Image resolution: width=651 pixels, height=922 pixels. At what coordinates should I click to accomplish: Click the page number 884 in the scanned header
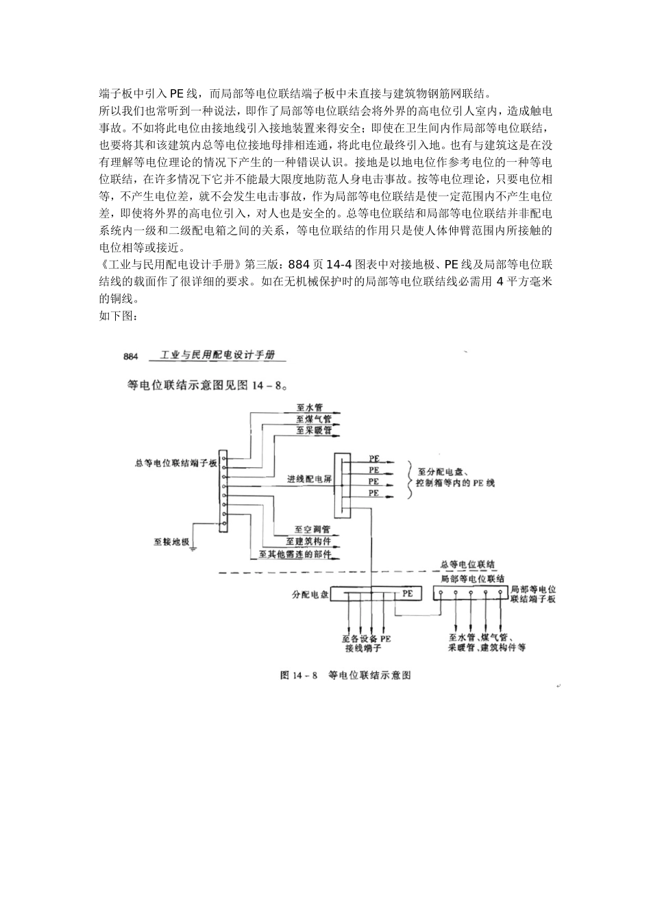tap(132, 356)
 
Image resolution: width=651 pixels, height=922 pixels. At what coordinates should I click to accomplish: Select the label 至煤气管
tap(313, 418)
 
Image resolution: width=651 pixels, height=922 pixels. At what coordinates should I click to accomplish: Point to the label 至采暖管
tap(313, 431)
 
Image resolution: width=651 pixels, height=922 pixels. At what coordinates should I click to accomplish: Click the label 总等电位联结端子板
tap(176, 464)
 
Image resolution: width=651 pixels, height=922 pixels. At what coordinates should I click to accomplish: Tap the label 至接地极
tap(171, 541)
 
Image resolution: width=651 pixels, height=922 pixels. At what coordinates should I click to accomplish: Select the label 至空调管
tap(312, 530)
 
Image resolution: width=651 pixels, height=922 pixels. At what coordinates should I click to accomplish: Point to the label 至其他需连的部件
tap(298, 554)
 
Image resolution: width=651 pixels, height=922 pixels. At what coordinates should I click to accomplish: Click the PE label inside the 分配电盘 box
tap(408, 593)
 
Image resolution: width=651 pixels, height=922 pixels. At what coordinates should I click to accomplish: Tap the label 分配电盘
tap(309, 594)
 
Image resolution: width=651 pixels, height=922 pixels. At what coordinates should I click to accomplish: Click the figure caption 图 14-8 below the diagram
tap(345, 675)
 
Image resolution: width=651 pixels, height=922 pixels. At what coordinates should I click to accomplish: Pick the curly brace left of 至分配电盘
tap(410, 476)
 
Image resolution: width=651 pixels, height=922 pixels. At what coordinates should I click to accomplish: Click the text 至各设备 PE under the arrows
tap(367, 639)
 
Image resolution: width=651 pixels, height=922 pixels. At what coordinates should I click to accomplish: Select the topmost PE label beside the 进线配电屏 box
tap(374, 458)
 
